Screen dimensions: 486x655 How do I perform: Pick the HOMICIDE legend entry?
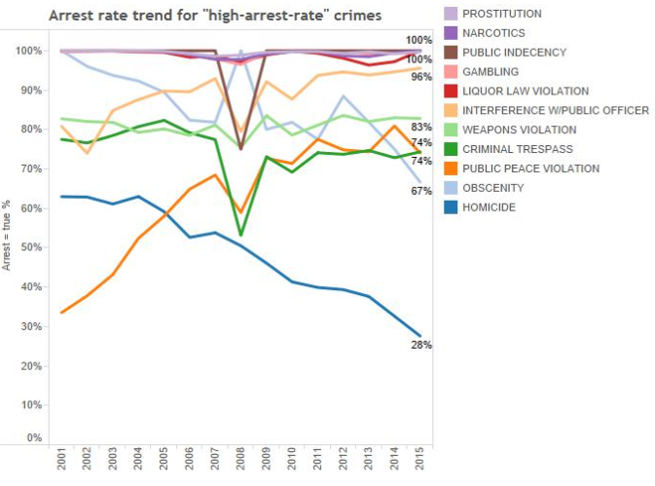[x=490, y=207]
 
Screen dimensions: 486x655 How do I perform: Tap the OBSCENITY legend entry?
[x=492, y=188]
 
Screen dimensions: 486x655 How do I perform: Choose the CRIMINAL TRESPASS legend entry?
[x=516, y=149]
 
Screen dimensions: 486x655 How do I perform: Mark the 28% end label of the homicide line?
[x=421, y=345]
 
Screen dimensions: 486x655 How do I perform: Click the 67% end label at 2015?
[x=421, y=191]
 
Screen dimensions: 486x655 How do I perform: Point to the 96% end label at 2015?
[x=421, y=77]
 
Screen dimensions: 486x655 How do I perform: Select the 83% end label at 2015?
[x=421, y=128]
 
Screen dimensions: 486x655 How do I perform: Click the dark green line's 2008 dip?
[x=240, y=235]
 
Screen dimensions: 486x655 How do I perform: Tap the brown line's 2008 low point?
[x=240, y=149]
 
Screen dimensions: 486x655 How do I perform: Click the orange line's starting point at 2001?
[x=62, y=312]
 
